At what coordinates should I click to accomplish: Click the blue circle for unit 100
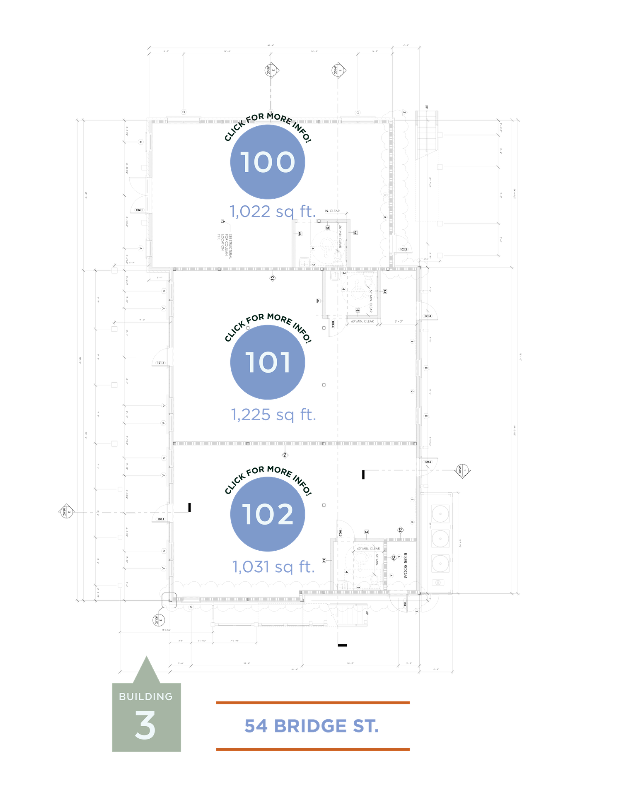click(x=268, y=161)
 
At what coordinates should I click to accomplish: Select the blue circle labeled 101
click(x=268, y=362)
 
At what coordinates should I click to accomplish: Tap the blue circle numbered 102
click(x=268, y=514)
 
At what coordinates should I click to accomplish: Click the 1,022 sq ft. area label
click(x=273, y=211)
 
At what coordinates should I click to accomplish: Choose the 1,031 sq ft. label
click(x=273, y=566)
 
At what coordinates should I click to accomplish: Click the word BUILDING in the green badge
click(x=146, y=696)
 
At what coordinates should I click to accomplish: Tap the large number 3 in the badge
click(x=145, y=725)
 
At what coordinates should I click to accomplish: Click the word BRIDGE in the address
click(x=310, y=726)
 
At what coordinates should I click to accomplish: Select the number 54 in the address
click(x=256, y=726)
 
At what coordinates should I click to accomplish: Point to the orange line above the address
click(x=313, y=703)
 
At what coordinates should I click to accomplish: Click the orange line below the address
click(x=313, y=749)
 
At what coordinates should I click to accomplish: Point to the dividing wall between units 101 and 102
click(x=294, y=443)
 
